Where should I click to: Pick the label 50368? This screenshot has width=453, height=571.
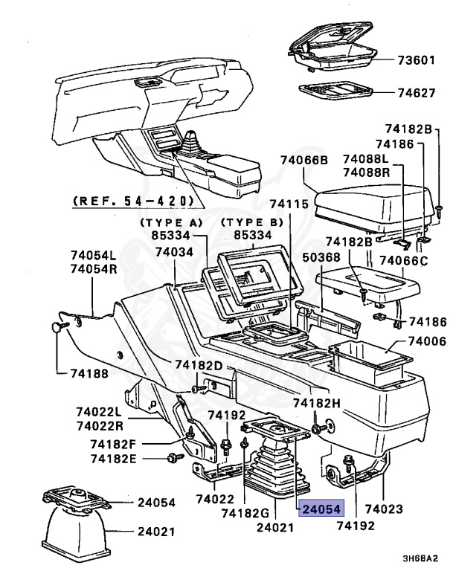(x=344, y=257)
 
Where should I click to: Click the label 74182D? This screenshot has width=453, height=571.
(x=199, y=365)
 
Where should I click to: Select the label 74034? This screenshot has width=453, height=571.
(x=174, y=253)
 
